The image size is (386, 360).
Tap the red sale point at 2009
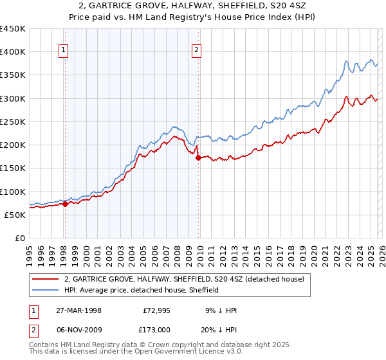[x=198, y=157]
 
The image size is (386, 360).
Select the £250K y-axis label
[x=13, y=122]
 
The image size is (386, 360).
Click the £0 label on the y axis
[x=21, y=238]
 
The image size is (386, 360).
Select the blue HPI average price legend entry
[x=142, y=290]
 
